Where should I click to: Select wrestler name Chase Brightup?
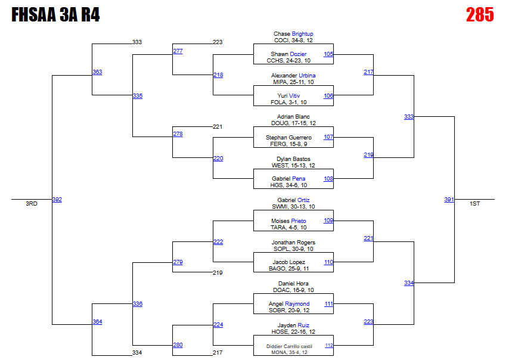pos(293,34)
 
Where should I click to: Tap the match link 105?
pos(328,54)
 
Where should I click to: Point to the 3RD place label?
pos(32,204)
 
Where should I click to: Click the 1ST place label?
pos(475,204)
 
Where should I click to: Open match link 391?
pos(449,200)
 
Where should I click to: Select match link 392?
pos(57,200)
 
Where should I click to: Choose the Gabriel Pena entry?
pos(289,179)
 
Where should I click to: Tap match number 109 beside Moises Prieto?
pos(328,221)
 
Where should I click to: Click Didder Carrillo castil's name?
pos(290,346)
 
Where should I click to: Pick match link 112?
pos(329,345)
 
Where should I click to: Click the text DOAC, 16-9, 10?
pos(293,290)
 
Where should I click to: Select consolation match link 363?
pos(97,72)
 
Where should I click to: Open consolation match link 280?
pos(178,345)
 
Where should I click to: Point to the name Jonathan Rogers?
pos(293,243)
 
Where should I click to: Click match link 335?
pos(138,96)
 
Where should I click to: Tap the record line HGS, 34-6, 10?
pos(289,185)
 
